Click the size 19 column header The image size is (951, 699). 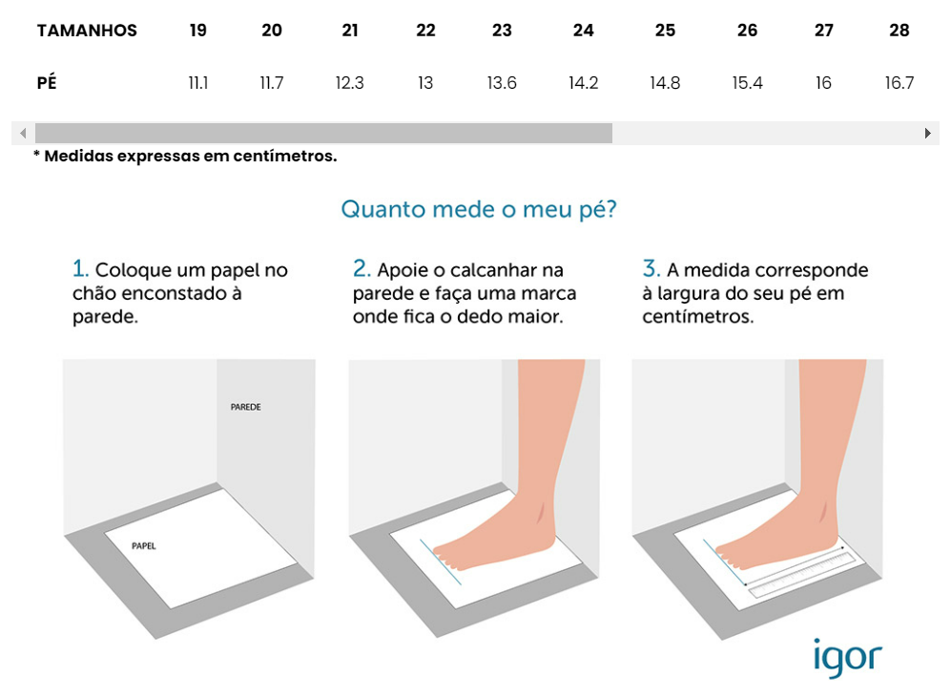(x=197, y=31)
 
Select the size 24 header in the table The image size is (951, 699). (x=583, y=31)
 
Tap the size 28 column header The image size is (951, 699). (x=899, y=31)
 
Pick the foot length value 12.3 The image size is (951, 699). (x=349, y=83)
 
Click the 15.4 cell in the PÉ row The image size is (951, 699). (x=747, y=83)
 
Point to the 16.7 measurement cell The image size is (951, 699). (x=899, y=83)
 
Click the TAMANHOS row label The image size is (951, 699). (x=87, y=31)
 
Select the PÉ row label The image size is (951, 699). (x=47, y=83)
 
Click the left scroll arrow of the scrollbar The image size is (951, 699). (x=23, y=134)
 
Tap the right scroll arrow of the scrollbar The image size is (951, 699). (x=927, y=134)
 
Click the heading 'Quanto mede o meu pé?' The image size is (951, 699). (x=478, y=209)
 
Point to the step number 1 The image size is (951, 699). (x=80, y=268)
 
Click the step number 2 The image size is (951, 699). (x=361, y=268)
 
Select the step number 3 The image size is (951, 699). (x=651, y=268)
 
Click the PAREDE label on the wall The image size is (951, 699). (x=245, y=407)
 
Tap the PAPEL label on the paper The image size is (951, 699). (x=144, y=546)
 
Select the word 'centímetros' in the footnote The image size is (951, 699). (x=284, y=156)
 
